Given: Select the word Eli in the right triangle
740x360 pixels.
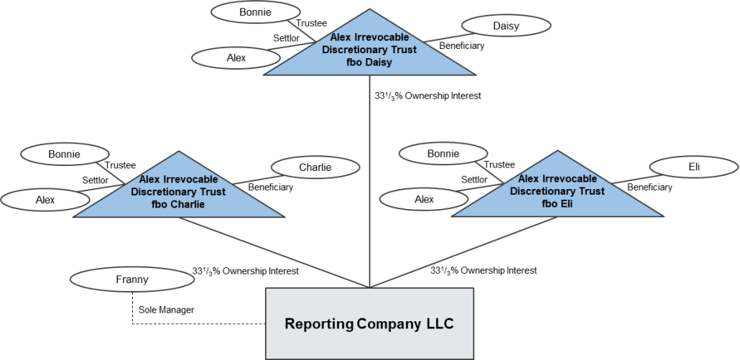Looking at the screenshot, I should [563, 203].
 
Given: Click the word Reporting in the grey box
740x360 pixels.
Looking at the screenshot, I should [318, 323].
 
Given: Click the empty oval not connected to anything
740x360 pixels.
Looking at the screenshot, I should [114, 280].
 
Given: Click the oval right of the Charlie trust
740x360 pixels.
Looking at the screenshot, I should [315, 167].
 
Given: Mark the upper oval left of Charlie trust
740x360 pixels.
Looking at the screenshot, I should [65, 154].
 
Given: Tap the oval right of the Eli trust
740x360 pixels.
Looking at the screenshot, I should [694, 167].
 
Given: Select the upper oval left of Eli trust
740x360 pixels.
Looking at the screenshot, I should [443, 153].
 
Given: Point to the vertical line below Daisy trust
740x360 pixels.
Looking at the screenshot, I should [369, 180].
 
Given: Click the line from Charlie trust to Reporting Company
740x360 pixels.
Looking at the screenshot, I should [273, 251].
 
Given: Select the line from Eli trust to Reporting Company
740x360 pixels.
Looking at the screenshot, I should [467, 251].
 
